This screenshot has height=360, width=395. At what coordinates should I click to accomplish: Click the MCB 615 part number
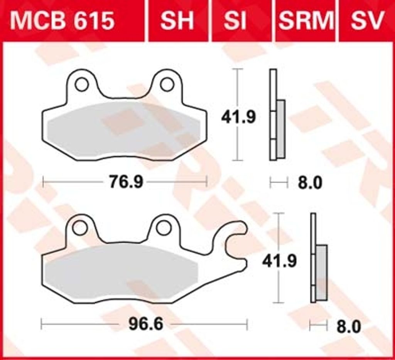point(62,20)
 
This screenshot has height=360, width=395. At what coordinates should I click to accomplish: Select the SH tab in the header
point(177,20)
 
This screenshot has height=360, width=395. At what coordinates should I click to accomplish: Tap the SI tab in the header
point(235,20)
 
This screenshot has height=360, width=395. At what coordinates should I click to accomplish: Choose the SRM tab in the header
point(306,20)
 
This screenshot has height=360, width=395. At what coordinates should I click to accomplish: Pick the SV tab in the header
point(368,20)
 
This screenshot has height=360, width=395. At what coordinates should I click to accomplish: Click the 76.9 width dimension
point(126,182)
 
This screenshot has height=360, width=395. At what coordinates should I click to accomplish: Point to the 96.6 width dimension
point(146,324)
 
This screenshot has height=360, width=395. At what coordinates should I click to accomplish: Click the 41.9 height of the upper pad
point(238,117)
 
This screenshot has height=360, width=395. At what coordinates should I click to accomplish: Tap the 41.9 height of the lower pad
point(279,261)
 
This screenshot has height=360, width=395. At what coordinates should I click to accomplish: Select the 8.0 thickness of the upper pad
point(310,183)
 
